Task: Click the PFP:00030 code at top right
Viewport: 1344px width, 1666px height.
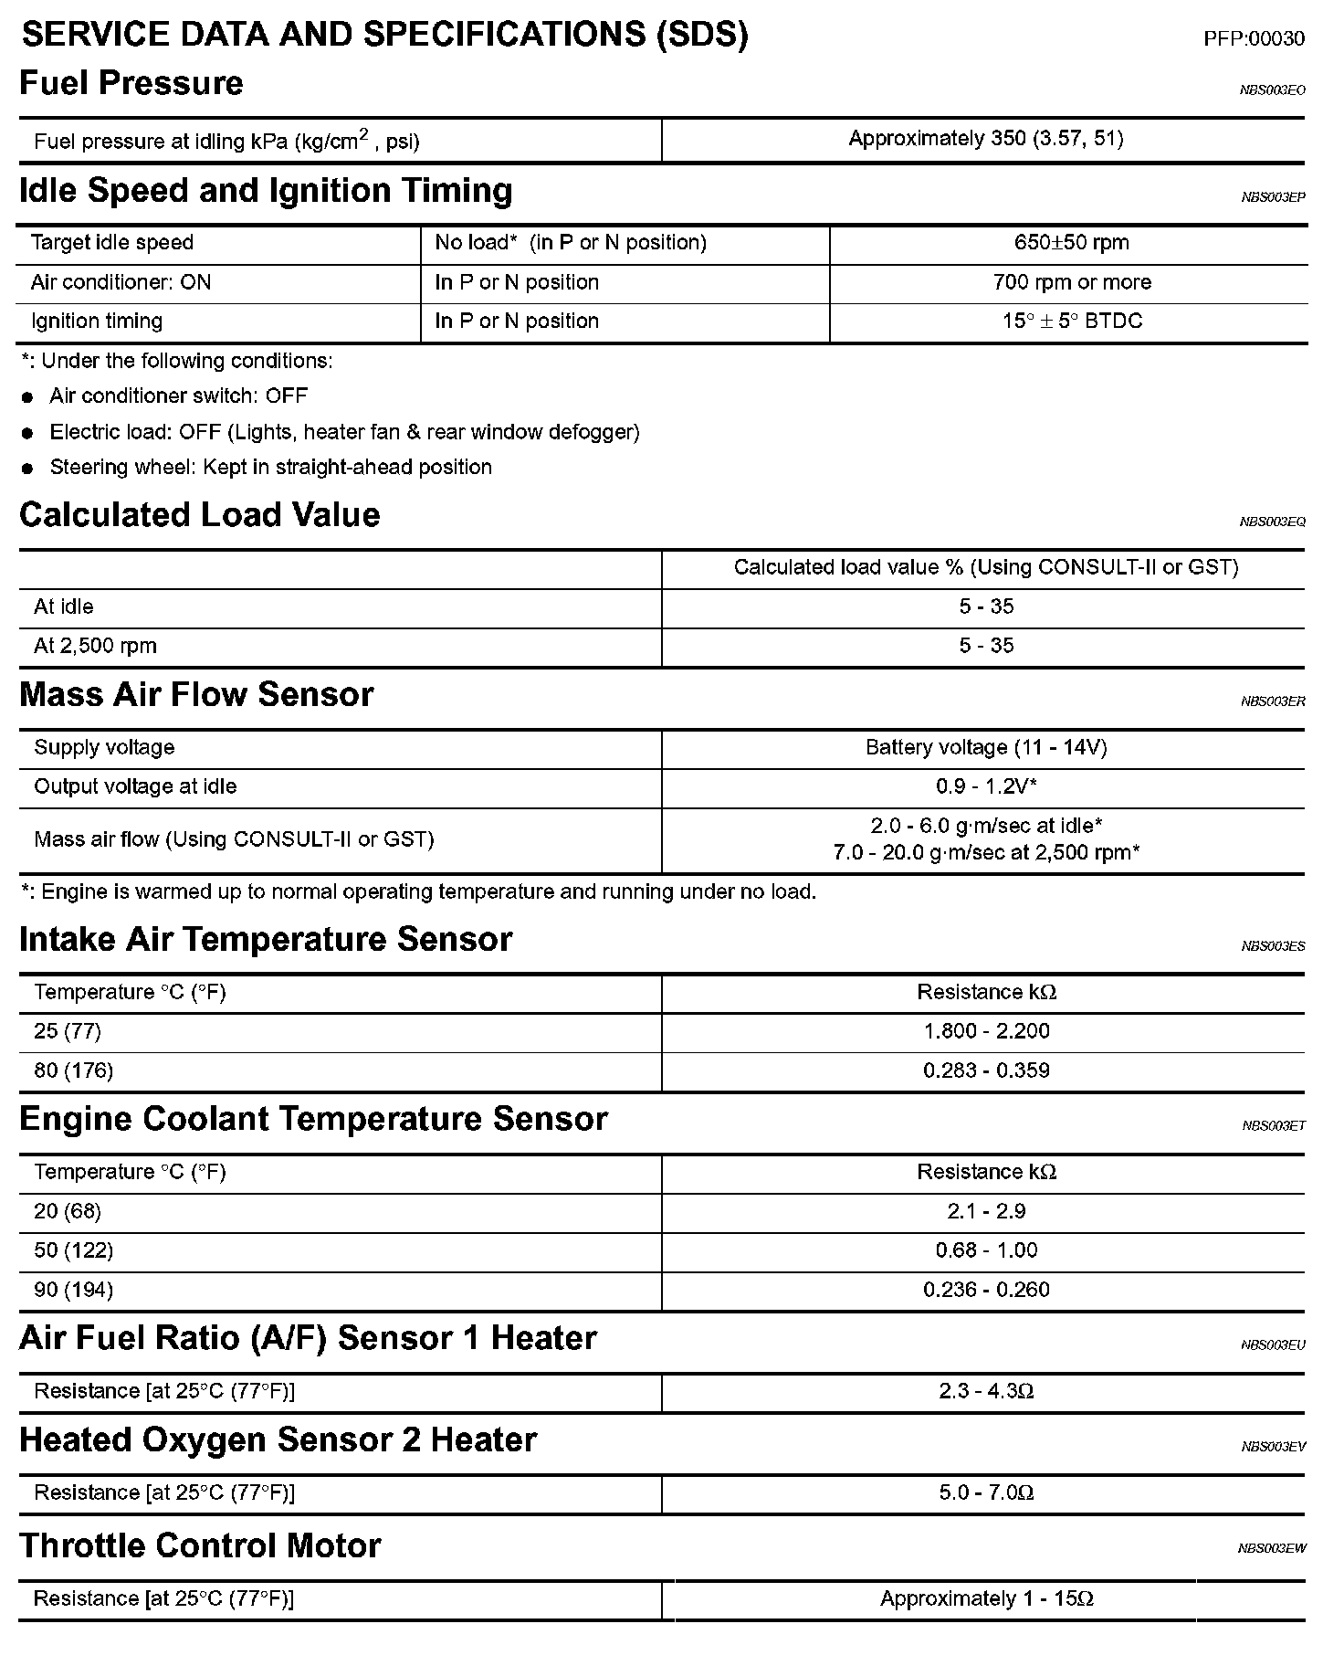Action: [x=1254, y=38]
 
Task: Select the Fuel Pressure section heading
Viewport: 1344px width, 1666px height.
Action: [x=131, y=83]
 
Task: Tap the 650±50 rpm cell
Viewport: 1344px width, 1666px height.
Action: [x=1071, y=243]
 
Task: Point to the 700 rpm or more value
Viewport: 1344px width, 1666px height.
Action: [x=1071, y=282]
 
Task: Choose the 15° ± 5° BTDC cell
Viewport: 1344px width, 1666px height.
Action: [x=1071, y=322]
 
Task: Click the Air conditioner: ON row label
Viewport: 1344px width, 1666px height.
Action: [x=121, y=282]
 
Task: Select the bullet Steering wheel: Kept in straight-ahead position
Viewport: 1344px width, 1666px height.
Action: [x=270, y=468]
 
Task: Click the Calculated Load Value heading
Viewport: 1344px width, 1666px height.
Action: [x=200, y=515]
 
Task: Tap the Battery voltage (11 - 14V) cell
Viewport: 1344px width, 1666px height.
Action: [x=985, y=748]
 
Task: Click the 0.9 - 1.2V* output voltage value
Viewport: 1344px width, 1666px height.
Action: [x=985, y=786]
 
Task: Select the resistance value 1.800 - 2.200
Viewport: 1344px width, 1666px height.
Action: [x=985, y=1031]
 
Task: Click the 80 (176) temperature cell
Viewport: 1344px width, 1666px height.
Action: [x=73, y=1070]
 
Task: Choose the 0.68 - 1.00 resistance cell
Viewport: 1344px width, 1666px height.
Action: [x=985, y=1250]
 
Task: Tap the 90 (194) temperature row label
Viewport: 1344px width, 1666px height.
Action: [x=73, y=1290]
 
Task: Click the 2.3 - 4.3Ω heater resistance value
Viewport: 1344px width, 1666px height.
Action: [x=985, y=1391]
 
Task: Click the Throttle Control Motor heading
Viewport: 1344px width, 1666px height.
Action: [x=200, y=1545]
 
